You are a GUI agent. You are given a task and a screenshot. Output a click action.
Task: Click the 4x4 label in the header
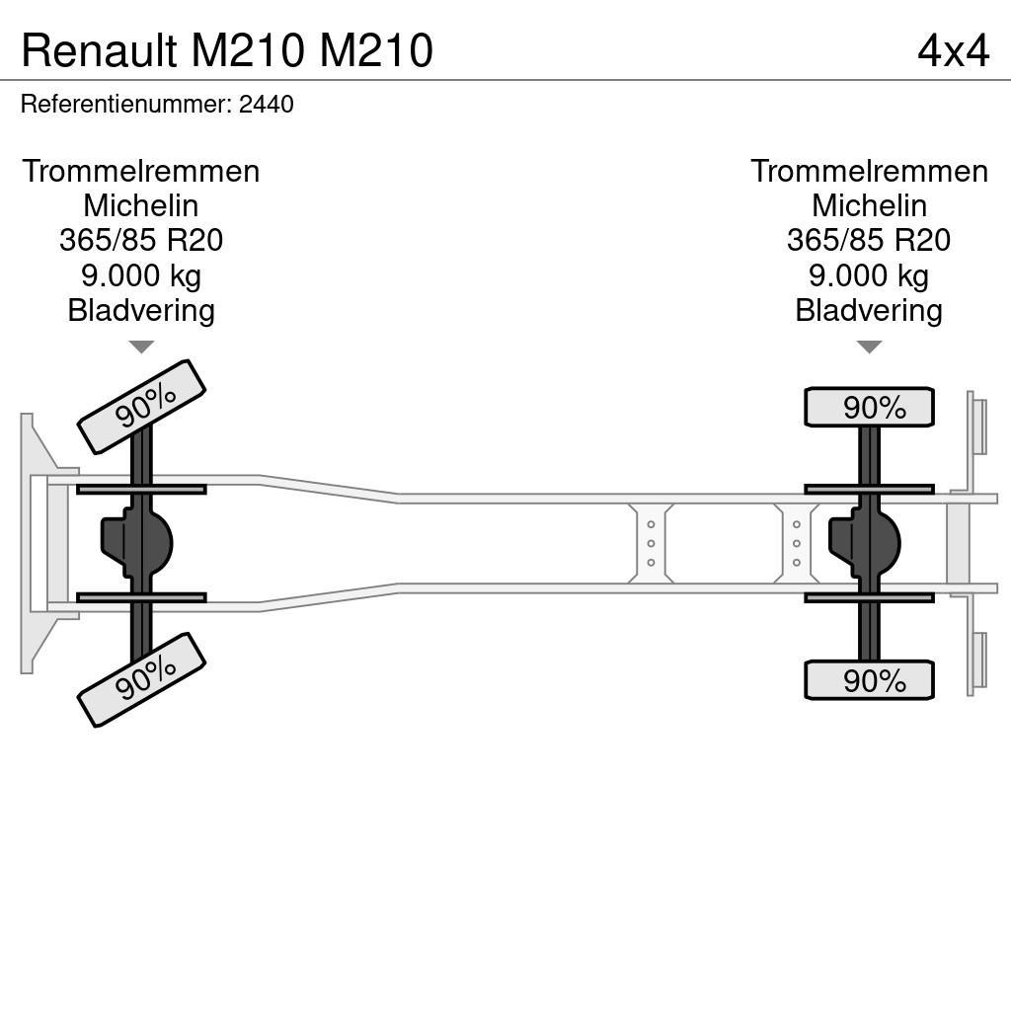(x=952, y=50)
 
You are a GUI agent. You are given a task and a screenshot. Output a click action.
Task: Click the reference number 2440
(x=267, y=105)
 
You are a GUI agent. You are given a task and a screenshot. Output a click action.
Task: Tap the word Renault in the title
(x=100, y=50)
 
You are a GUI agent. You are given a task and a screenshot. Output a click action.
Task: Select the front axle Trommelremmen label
(x=141, y=171)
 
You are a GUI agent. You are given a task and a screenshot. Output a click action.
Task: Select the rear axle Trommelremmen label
(x=869, y=171)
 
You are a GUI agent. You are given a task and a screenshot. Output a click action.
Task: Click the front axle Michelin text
(x=141, y=205)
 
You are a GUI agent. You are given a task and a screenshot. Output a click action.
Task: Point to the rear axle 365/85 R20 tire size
(x=869, y=240)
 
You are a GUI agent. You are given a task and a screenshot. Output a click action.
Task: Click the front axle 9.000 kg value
(x=141, y=275)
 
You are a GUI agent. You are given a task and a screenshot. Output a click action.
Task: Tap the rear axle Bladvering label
(x=869, y=310)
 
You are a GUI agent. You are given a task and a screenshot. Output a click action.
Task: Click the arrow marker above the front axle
(x=141, y=347)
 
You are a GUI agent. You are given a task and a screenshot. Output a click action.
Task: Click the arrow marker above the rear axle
(x=869, y=347)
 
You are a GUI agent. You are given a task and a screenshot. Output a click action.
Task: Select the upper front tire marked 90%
(x=141, y=407)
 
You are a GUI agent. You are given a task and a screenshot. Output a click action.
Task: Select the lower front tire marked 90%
(x=141, y=679)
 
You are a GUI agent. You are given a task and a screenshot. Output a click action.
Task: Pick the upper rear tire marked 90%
(x=869, y=407)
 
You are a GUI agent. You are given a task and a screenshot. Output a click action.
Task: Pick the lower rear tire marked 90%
(x=869, y=680)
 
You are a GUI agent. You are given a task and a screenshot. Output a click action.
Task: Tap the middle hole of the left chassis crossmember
(x=651, y=543)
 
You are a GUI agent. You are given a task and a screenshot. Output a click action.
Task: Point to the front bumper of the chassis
(x=39, y=543)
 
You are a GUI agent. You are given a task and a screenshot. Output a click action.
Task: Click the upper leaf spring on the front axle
(x=141, y=489)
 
